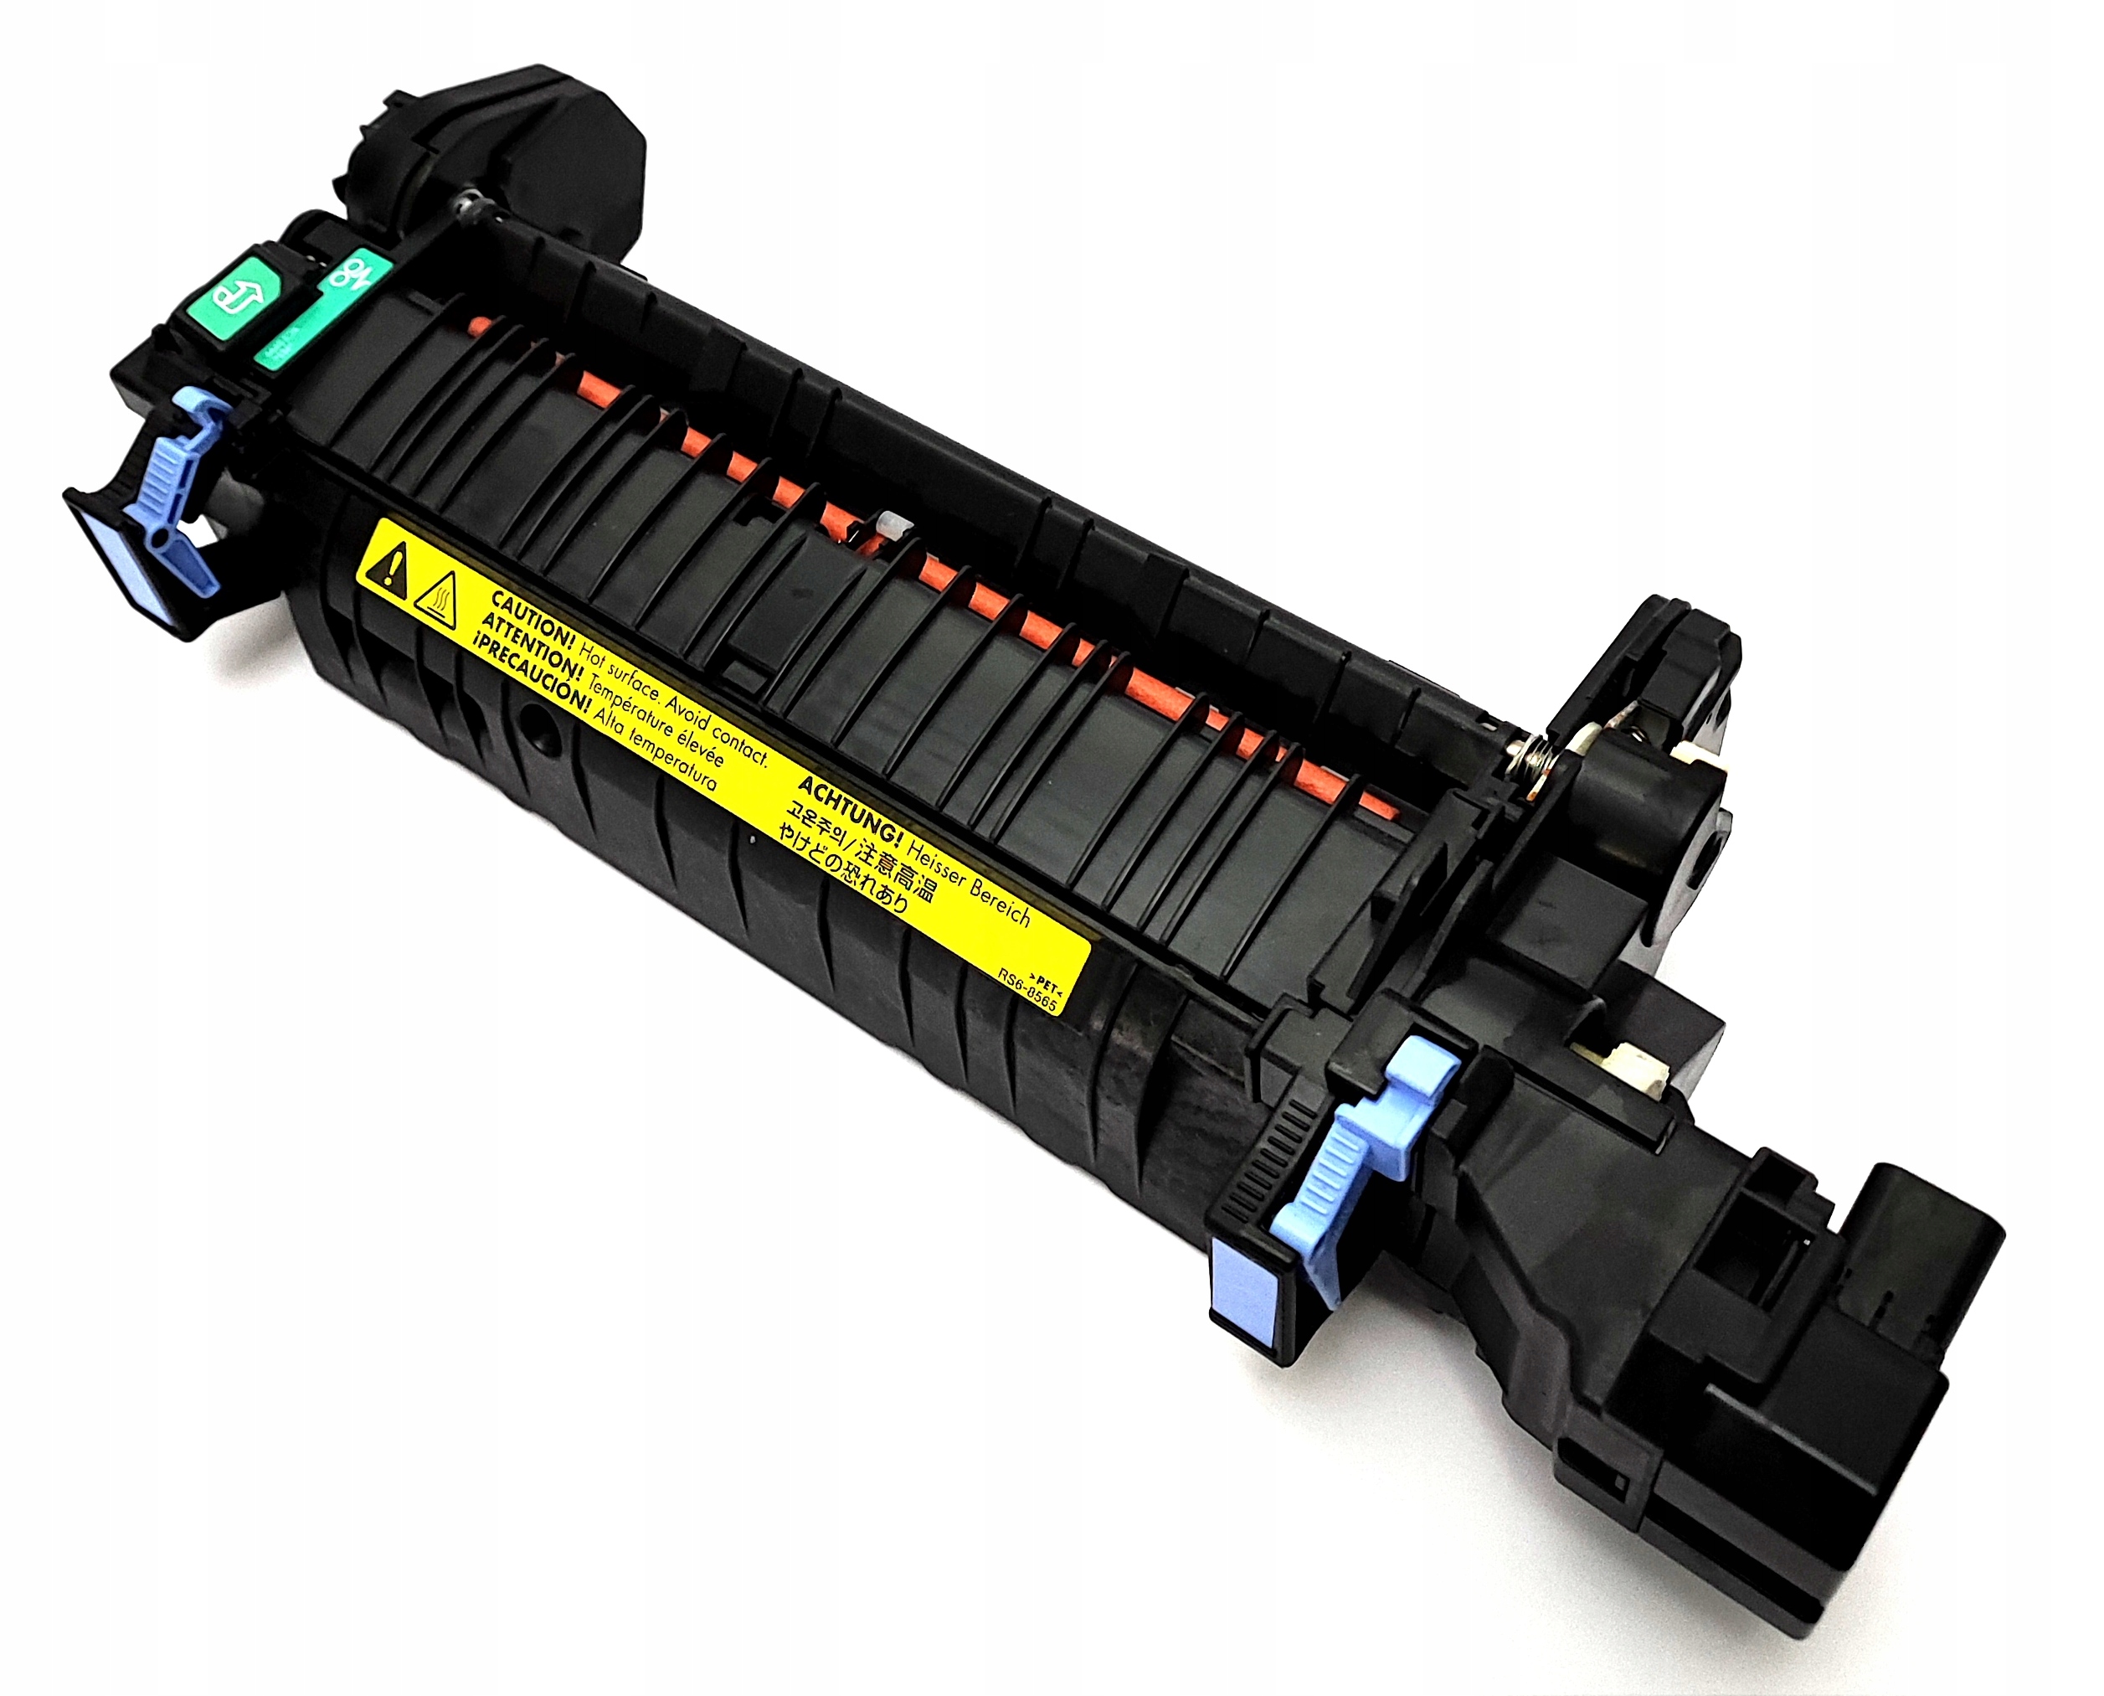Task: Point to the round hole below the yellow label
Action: point(534,727)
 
